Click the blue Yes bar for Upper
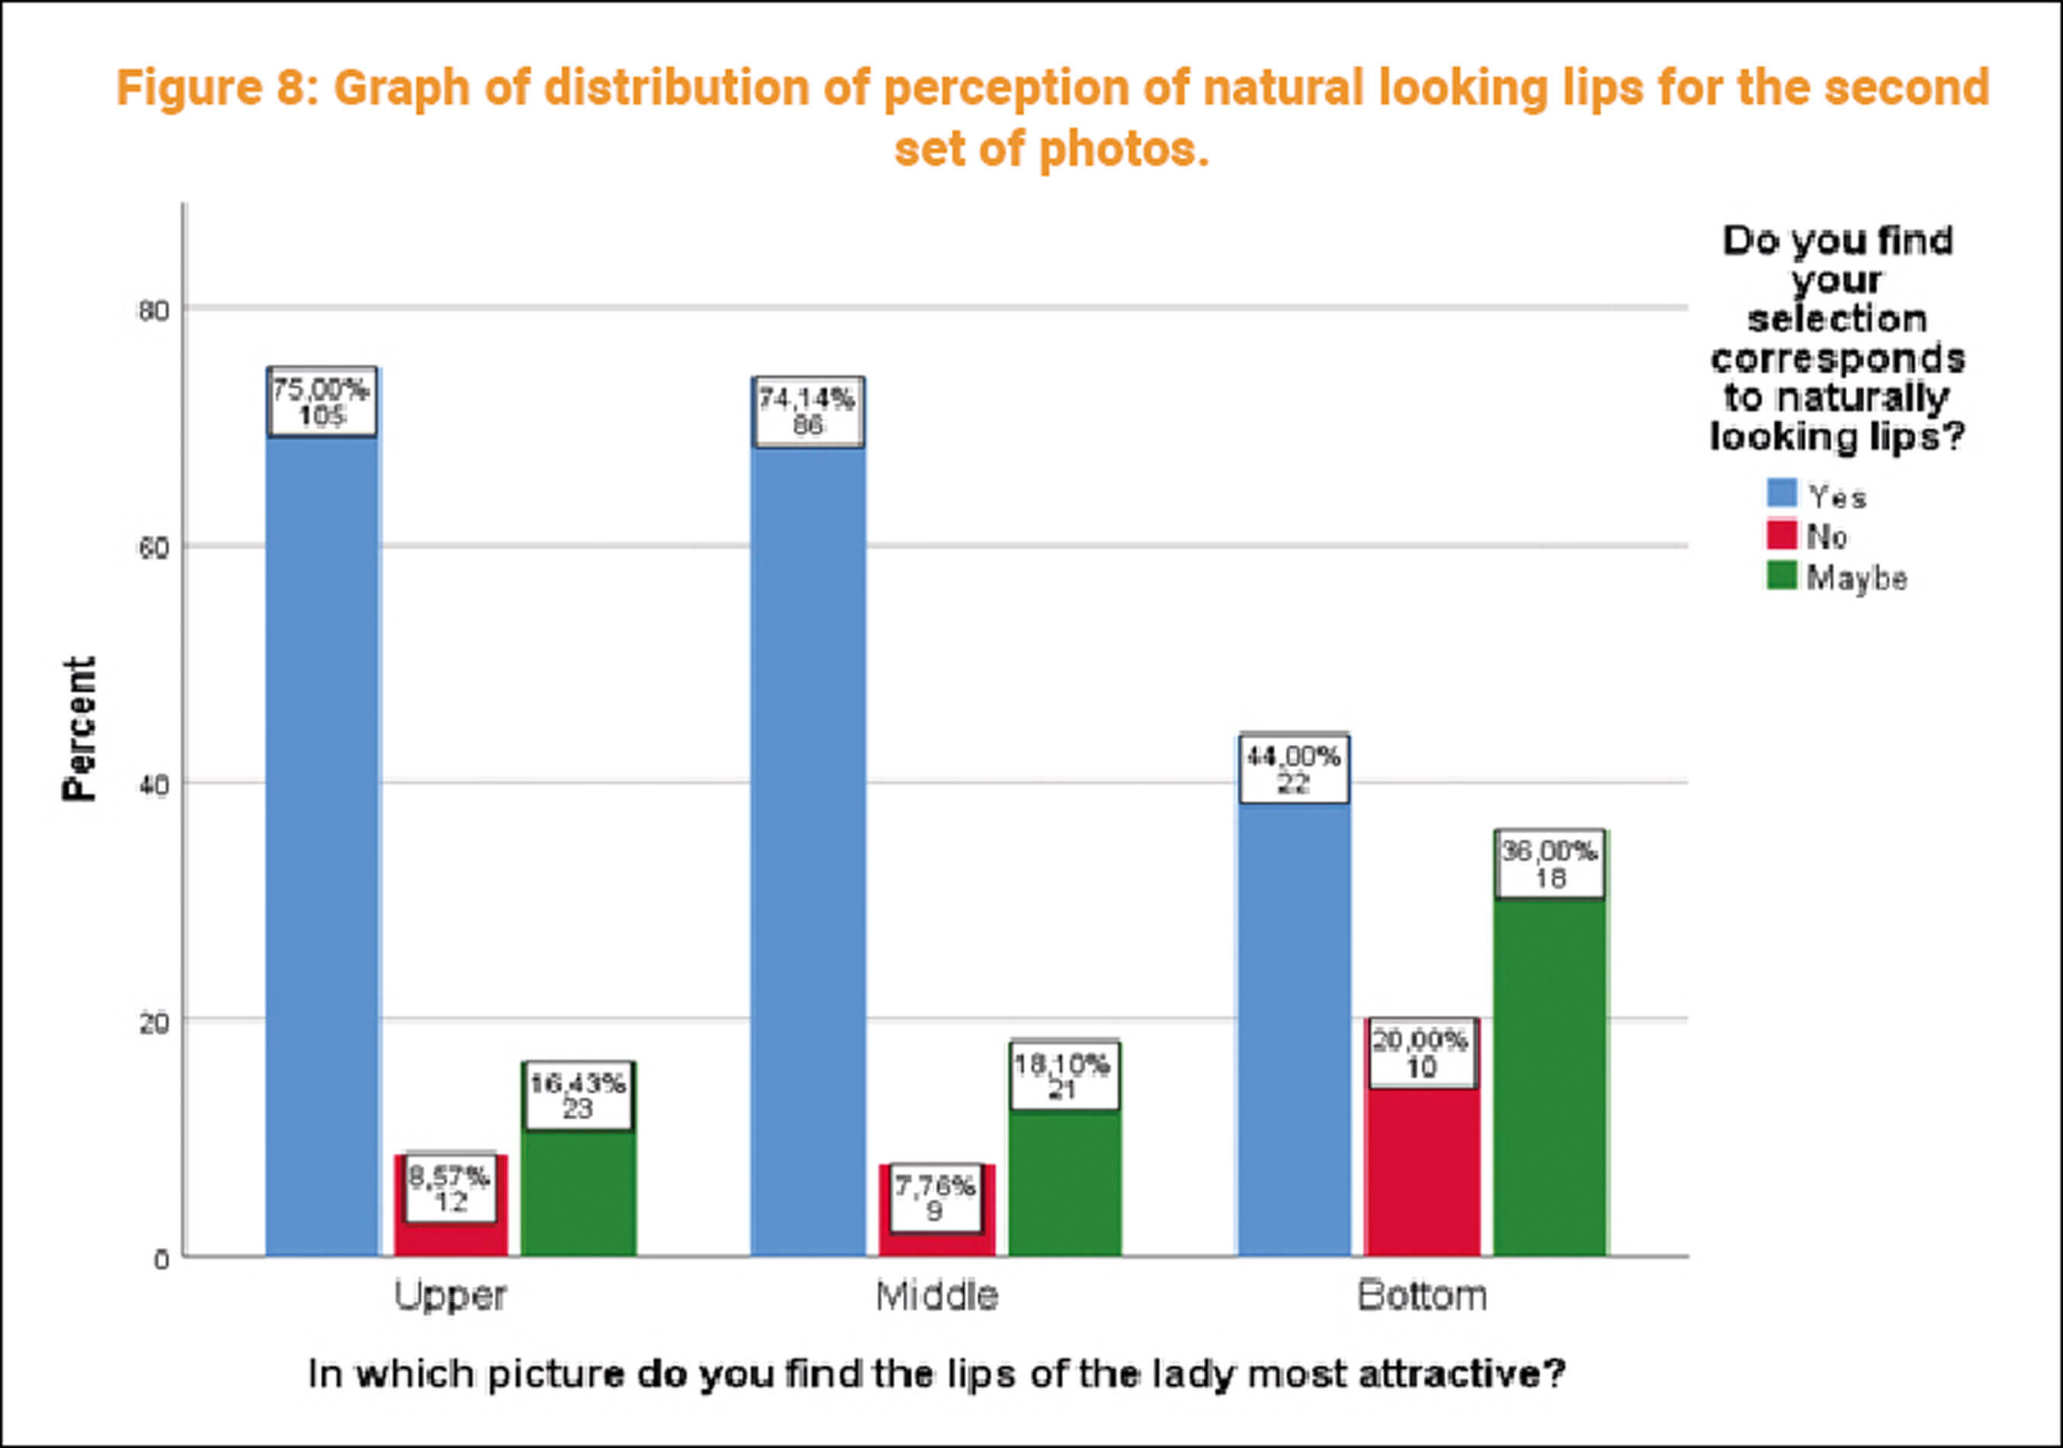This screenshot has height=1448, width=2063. [322, 845]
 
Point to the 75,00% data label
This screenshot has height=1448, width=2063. [322, 402]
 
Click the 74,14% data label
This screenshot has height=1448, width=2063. [808, 412]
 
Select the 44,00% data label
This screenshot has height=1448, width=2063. [1293, 769]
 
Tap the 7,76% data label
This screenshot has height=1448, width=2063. [935, 1198]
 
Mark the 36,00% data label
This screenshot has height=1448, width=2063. [1550, 863]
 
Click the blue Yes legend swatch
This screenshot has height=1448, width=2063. [1782, 494]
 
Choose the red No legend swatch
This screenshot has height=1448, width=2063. [1782, 535]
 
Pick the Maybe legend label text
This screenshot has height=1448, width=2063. [1857, 578]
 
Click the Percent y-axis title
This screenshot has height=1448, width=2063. [79, 728]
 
